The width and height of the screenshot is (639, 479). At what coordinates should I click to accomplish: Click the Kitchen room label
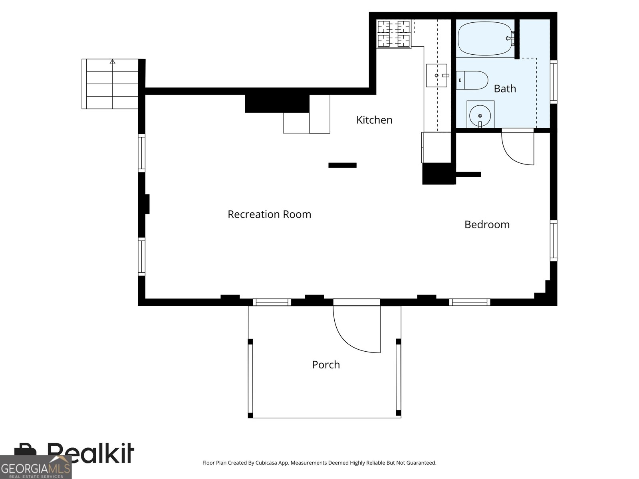point(374,120)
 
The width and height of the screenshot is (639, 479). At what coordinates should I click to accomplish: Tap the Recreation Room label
point(269,214)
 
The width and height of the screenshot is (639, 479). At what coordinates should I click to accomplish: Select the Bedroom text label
point(487,224)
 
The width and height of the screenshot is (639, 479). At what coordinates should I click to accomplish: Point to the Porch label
point(326,365)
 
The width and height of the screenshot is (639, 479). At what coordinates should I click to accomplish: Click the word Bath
point(505,88)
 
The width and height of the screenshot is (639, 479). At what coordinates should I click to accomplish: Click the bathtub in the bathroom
point(486,38)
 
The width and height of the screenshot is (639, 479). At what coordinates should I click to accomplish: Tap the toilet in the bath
point(472,80)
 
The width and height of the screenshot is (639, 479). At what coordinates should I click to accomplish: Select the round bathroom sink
point(480,115)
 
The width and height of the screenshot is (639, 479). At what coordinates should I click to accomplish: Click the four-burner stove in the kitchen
point(394,34)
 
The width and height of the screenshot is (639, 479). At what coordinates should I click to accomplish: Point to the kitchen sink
point(437,75)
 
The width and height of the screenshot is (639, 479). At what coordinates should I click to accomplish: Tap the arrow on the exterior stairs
point(112,62)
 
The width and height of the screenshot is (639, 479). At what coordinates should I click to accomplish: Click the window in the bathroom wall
point(554,82)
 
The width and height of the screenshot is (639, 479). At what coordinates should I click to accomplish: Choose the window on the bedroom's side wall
point(554,241)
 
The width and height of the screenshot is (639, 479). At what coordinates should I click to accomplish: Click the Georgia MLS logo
point(36,467)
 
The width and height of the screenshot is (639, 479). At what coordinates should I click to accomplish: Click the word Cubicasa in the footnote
point(266,463)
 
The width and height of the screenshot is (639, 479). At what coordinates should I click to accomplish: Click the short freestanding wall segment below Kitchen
point(342,165)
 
